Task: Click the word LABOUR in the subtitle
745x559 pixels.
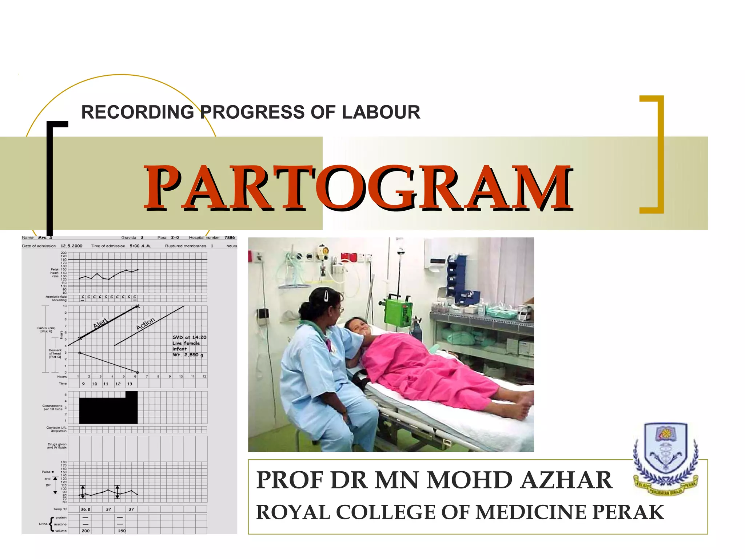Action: click(x=381, y=112)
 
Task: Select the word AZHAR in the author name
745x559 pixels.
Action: click(x=566, y=480)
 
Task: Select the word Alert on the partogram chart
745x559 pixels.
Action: click(x=100, y=323)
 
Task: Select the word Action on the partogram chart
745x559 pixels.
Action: click(x=146, y=324)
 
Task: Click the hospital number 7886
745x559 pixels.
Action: click(x=230, y=238)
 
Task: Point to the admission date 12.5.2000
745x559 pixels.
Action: click(x=71, y=246)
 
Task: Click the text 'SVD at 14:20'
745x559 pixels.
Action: click(x=189, y=337)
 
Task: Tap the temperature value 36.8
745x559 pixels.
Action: click(x=85, y=509)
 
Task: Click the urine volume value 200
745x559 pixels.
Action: click(x=85, y=531)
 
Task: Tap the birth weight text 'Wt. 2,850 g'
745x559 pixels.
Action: click(x=188, y=355)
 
